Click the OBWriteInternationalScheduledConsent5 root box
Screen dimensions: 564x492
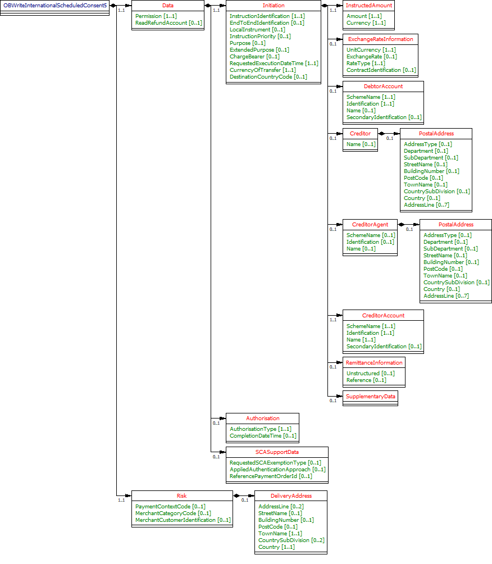coord(54,5)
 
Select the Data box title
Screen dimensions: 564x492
coord(167,5)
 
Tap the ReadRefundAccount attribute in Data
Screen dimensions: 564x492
coord(168,23)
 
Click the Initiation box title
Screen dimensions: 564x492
coord(274,5)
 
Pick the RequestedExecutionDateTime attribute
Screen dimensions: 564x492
coord(274,63)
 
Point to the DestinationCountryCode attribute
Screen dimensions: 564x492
coord(268,77)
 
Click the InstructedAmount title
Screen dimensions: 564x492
coord(368,5)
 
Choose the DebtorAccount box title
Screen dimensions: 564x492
coord(383,87)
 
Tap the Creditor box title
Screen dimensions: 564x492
coord(360,134)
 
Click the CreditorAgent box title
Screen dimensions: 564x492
coord(370,225)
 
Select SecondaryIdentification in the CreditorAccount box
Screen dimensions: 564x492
coord(384,347)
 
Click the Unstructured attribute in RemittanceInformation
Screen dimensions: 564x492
coord(370,374)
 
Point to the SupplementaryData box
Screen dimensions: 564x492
coord(370,397)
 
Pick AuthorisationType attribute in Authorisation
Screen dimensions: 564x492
coord(260,429)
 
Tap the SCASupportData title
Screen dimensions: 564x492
coord(277,452)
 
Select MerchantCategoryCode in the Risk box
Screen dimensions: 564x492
coord(173,513)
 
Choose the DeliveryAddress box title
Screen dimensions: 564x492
coord(291,496)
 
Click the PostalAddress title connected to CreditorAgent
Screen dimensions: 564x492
coord(455,225)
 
